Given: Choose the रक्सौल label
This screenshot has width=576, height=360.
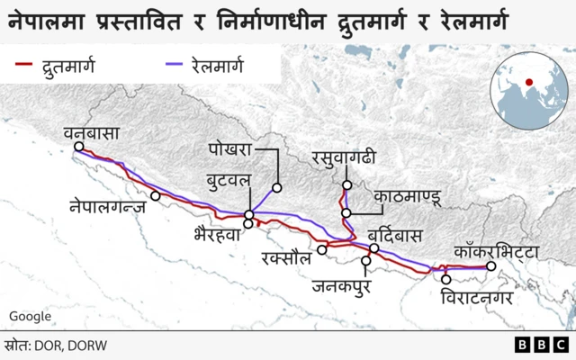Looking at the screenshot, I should click(x=283, y=258).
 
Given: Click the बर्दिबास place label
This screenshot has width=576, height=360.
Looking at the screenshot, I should click(x=395, y=235).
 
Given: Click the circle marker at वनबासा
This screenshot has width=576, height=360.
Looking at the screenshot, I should click(x=80, y=147).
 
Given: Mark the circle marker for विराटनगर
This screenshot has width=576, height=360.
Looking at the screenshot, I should click(x=445, y=280).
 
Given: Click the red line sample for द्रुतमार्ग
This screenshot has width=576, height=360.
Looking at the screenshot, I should click(x=26, y=66).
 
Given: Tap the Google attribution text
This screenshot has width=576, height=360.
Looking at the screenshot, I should click(x=30, y=316).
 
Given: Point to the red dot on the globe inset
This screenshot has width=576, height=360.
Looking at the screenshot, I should click(x=529, y=83).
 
